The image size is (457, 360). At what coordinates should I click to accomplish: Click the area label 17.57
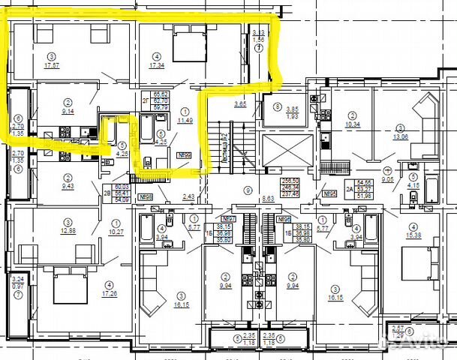pos(52,66)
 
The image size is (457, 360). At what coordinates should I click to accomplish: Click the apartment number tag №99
pos(182,156)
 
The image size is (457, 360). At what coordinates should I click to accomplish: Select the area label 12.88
pos(67,229)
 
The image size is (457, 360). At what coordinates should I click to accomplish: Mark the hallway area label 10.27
pos(116,232)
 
